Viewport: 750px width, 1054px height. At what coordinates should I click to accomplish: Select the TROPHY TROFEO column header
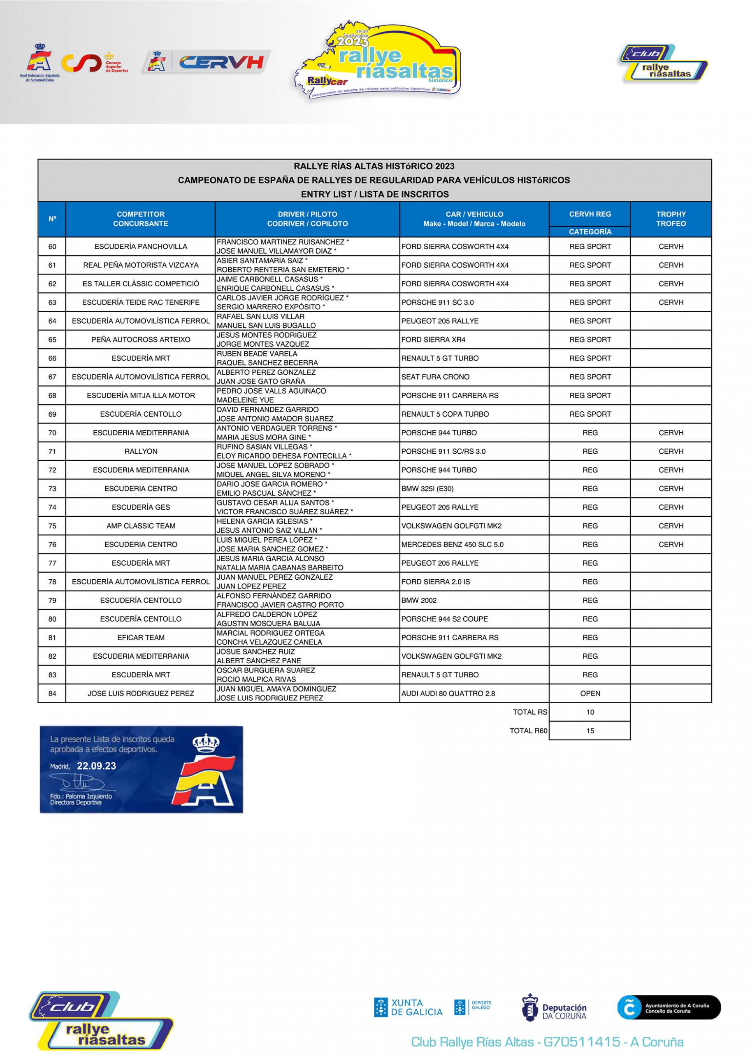(671, 219)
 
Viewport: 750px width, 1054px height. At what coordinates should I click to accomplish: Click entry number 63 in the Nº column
(52, 302)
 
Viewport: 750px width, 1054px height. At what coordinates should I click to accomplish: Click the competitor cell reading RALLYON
(141, 451)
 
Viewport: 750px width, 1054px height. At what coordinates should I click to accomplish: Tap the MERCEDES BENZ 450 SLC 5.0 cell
(452, 544)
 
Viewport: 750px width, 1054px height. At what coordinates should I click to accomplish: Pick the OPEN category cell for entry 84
(590, 693)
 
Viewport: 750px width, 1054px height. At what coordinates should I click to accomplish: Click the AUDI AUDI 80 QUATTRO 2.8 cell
(448, 693)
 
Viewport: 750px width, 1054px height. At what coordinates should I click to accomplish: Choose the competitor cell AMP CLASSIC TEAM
(141, 526)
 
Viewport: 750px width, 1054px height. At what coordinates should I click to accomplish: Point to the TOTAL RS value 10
(590, 712)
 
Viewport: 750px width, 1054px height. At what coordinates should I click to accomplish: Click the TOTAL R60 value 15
(590, 730)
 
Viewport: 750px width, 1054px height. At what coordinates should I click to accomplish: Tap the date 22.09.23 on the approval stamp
(97, 766)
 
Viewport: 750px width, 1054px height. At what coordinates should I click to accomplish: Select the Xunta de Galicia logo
(408, 1007)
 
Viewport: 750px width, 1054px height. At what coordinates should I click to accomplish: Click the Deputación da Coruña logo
(554, 1007)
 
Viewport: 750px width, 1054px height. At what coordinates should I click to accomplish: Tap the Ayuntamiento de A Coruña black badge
(668, 1007)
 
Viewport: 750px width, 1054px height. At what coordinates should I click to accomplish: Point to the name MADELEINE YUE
(245, 400)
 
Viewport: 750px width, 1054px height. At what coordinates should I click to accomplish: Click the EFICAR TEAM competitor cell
(141, 638)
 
